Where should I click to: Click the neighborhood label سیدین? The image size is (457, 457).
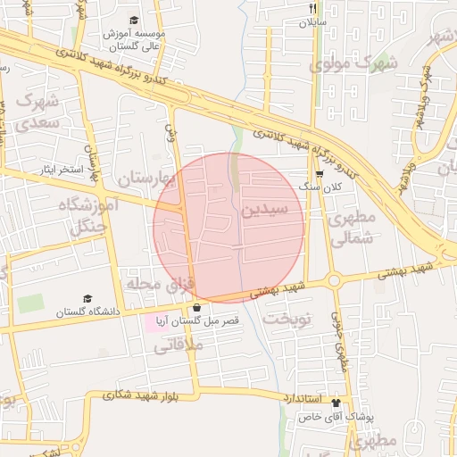pyautogui.click(x=263, y=211)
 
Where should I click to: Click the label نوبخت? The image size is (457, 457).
pyautogui.click(x=290, y=319)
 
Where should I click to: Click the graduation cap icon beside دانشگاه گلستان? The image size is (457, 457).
pyautogui.click(x=87, y=299)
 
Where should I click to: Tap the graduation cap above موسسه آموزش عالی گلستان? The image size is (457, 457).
pyautogui.click(x=134, y=20)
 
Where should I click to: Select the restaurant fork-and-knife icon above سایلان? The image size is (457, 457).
pyautogui.click(x=312, y=8)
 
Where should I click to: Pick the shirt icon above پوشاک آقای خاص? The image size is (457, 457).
pyautogui.click(x=337, y=402)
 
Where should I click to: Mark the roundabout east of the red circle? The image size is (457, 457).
pyautogui.click(x=335, y=280)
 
